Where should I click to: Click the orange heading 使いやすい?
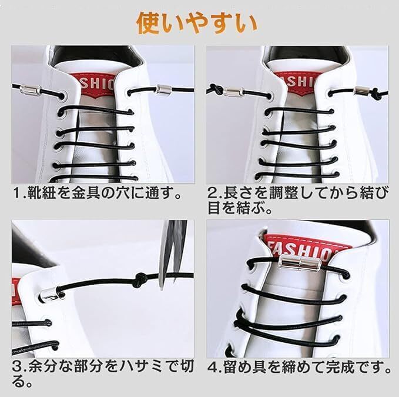click(197, 24)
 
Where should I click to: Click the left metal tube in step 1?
click(31, 90)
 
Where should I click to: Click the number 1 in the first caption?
click(16, 194)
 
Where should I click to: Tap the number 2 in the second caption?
click(212, 194)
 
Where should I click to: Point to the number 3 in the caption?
click(17, 367)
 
